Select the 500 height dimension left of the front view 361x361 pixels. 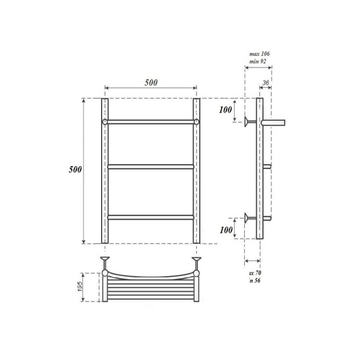pyautogui.click(x=75, y=170)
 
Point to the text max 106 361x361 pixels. pyautogui.click(x=259, y=54)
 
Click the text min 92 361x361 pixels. pyautogui.click(x=259, y=61)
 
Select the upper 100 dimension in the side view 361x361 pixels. pyautogui.click(x=225, y=110)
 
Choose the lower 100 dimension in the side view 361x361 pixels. pyautogui.click(x=225, y=230)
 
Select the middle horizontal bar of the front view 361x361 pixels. pyautogui.click(x=150, y=167)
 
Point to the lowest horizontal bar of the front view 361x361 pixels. pyautogui.click(x=150, y=217)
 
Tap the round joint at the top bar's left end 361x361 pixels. pyautogui.click(x=105, y=122)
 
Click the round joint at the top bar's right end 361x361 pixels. pyautogui.click(x=196, y=122)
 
